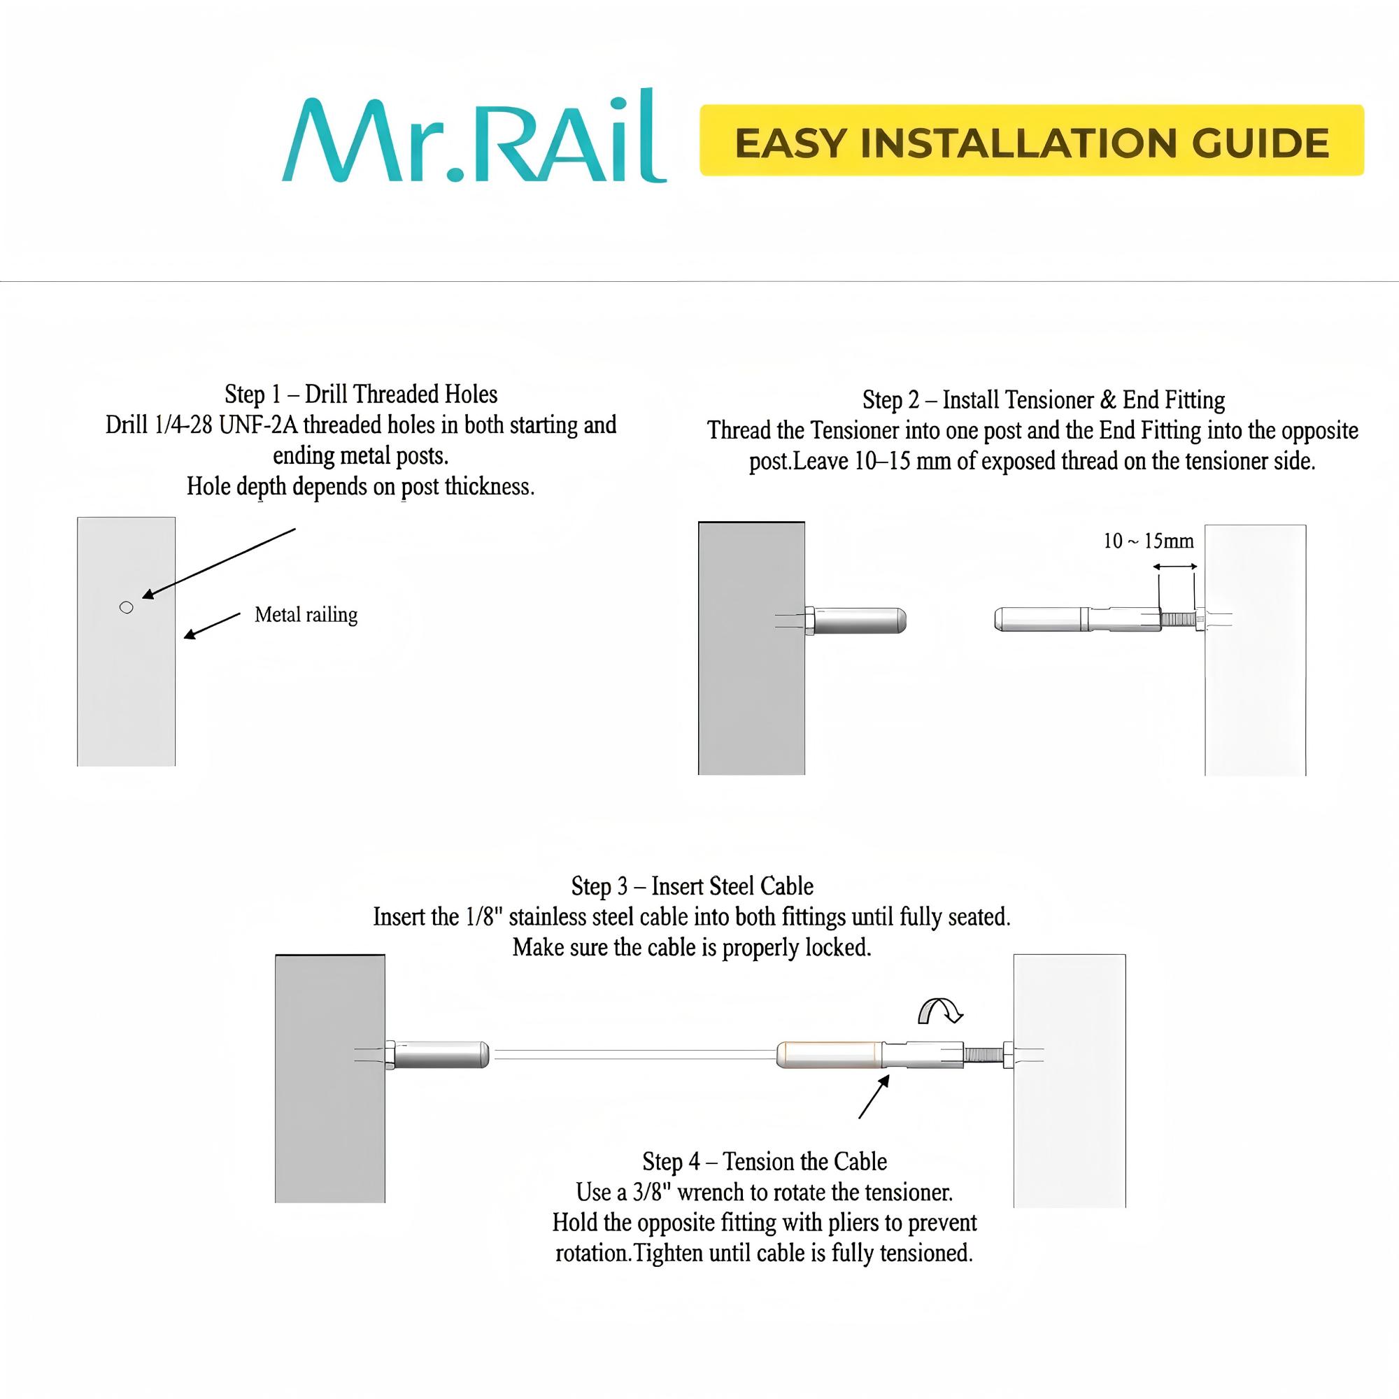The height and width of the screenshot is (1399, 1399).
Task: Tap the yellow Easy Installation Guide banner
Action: tap(1030, 141)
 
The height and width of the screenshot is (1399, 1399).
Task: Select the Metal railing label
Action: tap(306, 615)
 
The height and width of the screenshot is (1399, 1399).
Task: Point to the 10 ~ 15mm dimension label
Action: tap(1148, 541)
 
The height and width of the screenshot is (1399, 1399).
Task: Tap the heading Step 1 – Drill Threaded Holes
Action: tap(361, 395)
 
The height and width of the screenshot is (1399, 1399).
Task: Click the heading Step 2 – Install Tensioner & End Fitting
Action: tap(1043, 399)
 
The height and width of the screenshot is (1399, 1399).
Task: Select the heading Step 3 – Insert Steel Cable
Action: tap(692, 886)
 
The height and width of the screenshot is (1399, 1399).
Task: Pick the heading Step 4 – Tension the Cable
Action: tap(764, 1161)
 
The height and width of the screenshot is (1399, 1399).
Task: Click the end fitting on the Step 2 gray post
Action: tap(858, 620)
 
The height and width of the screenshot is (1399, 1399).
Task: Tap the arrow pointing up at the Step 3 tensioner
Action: tap(873, 1098)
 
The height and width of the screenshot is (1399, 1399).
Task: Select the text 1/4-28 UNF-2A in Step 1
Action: tap(225, 425)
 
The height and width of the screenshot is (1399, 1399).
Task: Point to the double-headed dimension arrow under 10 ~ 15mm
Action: tap(1174, 567)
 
